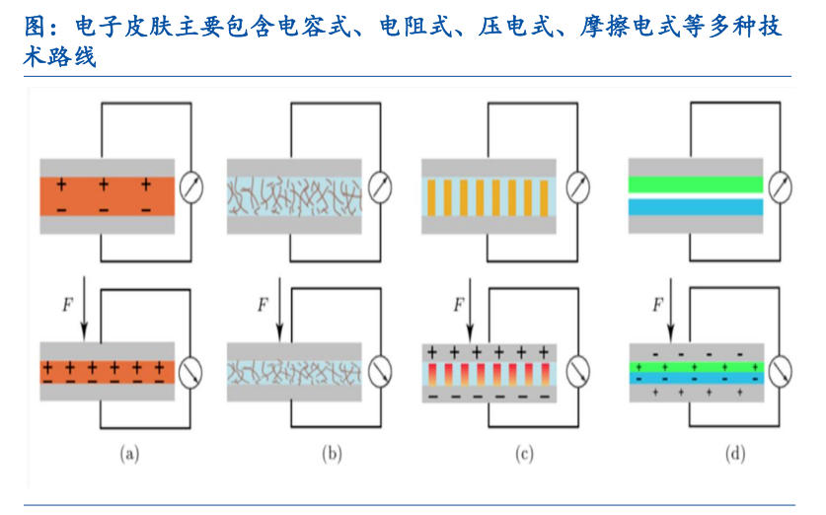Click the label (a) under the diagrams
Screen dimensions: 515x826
[x=129, y=454]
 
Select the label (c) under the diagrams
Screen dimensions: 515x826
[x=525, y=454]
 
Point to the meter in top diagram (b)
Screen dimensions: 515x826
[x=380, y=186]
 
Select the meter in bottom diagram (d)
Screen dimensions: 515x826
[x=782, y=372]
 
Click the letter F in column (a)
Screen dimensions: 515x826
[x=66, y=305]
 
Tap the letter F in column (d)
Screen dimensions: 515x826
[x=656, y=305]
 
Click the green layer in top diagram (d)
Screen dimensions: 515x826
[x=696, y=184]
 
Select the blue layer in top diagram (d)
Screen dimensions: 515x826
[x=696, y=207]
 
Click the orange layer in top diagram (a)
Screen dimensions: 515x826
[x=107, y=195]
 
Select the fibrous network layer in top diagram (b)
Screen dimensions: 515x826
[x=295, y=195]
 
